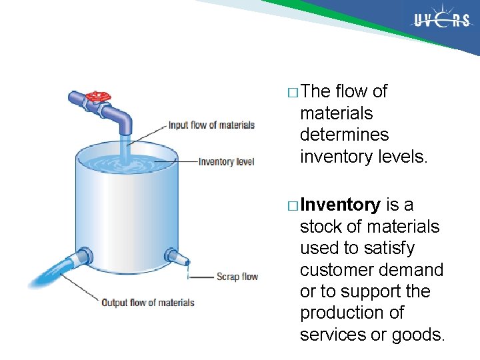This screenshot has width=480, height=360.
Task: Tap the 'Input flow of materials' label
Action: (211, 125)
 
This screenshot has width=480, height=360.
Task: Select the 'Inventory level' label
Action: (226, 161)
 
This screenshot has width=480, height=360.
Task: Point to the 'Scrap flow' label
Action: (237, 276)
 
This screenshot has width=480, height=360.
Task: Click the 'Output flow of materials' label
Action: (147, 303)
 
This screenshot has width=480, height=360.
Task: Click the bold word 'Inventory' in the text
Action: (340, 205)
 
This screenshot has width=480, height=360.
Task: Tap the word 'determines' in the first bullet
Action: (344, 135)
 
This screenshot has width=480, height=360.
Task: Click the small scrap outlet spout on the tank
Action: (175, 257)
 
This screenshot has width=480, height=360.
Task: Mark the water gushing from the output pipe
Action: (50, 274)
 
